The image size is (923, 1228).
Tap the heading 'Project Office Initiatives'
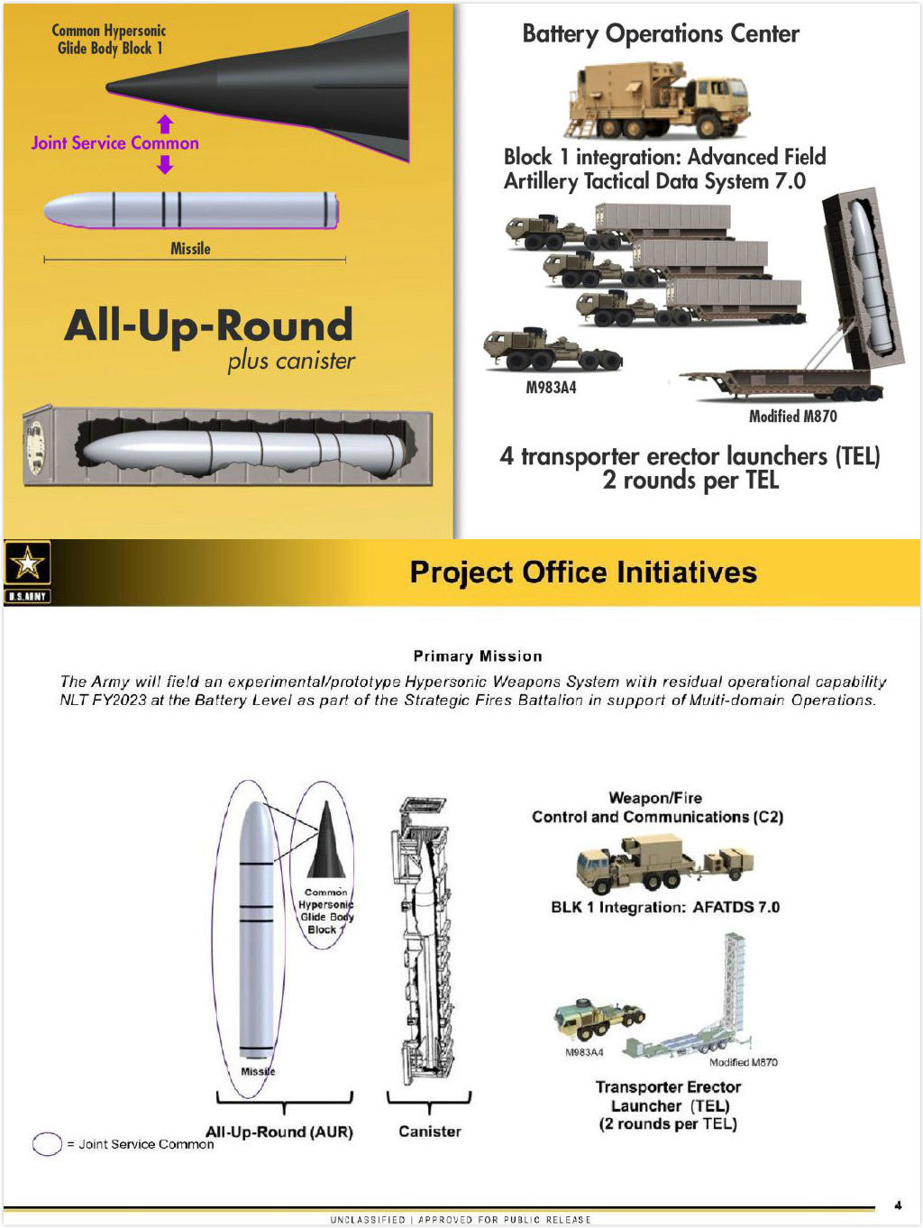coord(583,573)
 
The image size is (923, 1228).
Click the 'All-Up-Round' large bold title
coord(208,325)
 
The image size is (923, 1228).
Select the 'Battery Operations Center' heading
coord(661,34)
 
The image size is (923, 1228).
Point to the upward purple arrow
coord(165,124)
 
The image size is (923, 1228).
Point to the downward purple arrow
coord(165,164)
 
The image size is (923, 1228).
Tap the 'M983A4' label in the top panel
coord(551,388)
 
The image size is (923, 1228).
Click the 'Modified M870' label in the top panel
coord(792,416)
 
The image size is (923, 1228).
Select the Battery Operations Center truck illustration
coord(659,99)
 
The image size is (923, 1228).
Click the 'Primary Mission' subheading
coord(478,655)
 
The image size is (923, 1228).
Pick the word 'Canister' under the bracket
coord(429,1131)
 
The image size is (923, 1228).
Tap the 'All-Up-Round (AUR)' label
coord(279,1132)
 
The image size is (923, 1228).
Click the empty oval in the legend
coord(47,1143)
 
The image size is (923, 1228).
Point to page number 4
coord(898,1205)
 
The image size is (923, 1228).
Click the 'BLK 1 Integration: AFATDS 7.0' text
coord(665,907)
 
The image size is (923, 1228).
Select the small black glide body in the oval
coord(326,842)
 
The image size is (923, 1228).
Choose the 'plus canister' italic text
coord(291,361)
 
